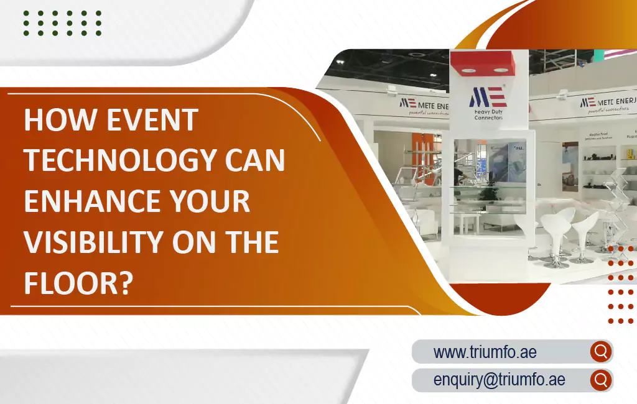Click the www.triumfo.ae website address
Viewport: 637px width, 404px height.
pos(485,352)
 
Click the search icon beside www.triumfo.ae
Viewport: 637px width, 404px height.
pos(600,352)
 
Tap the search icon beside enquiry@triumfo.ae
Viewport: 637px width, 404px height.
pos(600,380)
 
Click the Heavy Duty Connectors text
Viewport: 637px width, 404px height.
pos(488,114)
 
